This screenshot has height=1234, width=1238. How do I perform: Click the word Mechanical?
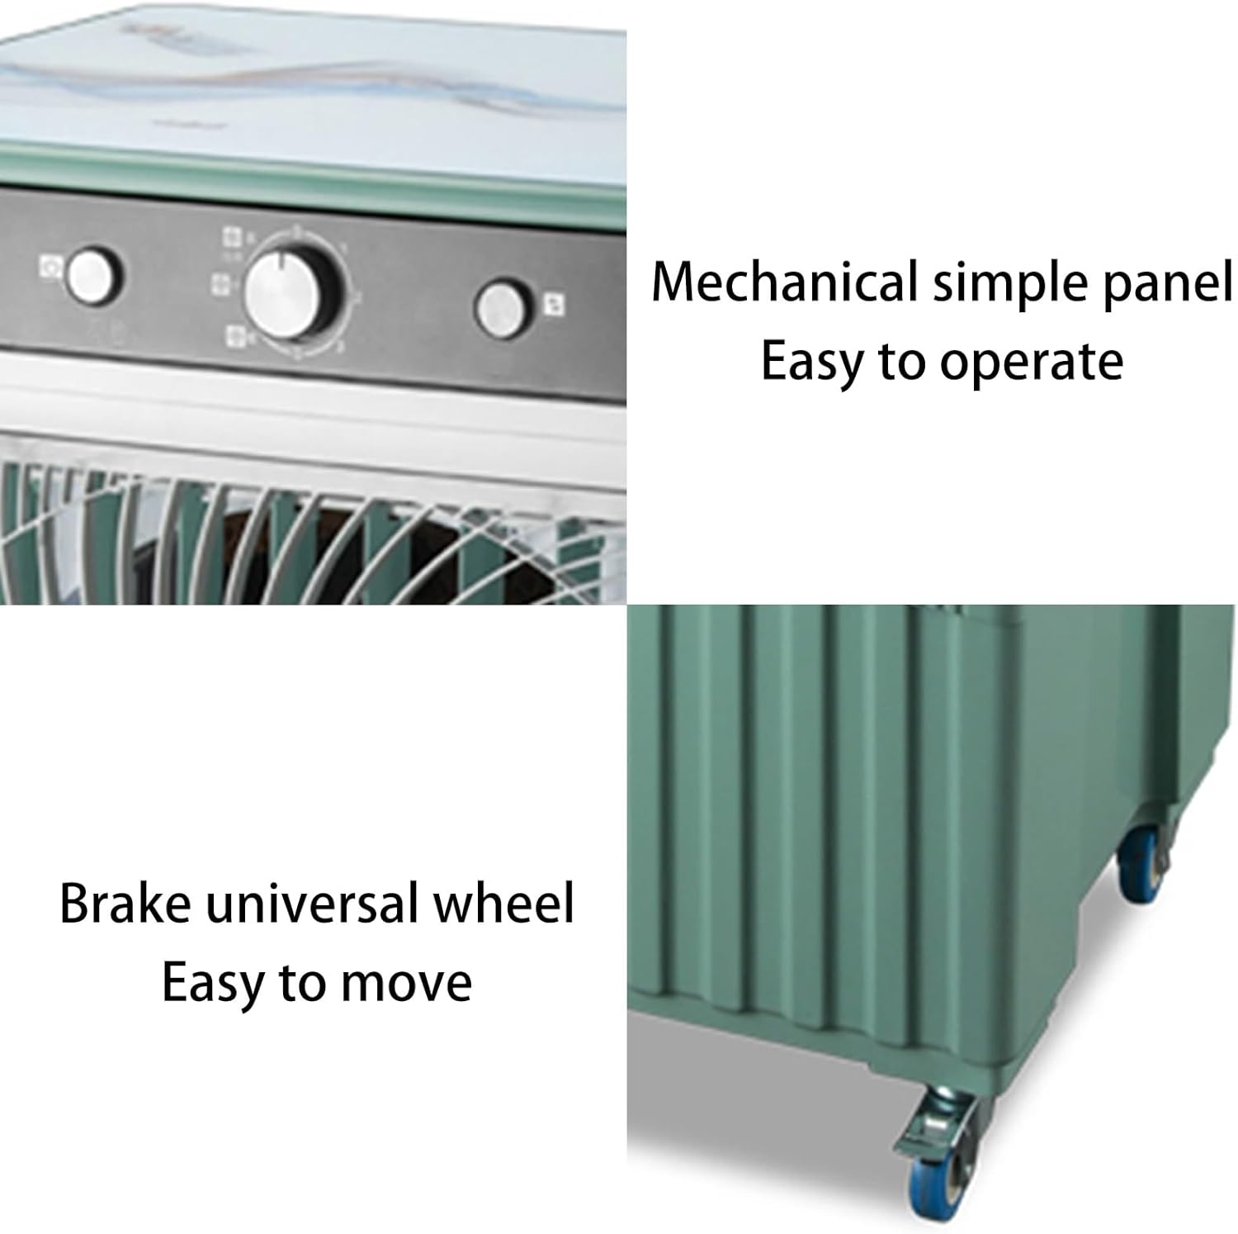pyautogui.click(x=784, y=282)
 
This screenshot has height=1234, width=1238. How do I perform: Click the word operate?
pyautogui.click(x=1031, y=363)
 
